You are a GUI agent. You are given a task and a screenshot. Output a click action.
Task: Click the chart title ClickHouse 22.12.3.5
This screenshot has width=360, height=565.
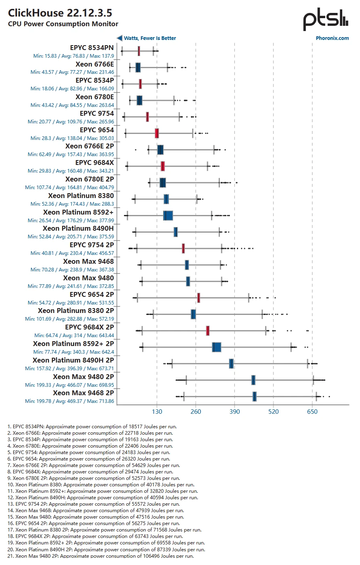(x=60, y=13)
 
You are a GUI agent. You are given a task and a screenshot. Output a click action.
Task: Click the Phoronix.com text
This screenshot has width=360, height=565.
(x=332, y=38)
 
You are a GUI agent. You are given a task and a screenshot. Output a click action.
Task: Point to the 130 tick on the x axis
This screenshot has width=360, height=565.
(x=157, y=412)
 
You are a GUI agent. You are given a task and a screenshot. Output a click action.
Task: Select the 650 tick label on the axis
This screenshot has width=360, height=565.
(x=312, y=412)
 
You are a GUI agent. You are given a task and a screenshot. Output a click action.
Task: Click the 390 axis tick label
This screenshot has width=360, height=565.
(x=234, y=412)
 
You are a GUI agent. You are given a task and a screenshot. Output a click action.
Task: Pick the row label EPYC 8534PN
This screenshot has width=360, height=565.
(x=92, y=48)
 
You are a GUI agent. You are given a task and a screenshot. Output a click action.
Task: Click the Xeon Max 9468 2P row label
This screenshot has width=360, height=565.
(x=84, y=393)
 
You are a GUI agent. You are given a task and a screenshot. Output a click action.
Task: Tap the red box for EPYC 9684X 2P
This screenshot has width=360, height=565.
(x=208, y=331)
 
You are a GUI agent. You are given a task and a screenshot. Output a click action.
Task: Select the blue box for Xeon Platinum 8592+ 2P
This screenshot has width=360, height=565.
(x=217, y=347)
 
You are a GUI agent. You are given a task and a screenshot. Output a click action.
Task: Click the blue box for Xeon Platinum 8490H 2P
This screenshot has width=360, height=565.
(x=231, y=364)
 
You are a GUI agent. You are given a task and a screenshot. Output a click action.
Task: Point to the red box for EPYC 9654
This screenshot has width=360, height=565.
(x=157, y=133)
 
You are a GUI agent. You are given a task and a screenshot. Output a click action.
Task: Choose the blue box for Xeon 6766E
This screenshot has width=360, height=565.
(x=138, y=67)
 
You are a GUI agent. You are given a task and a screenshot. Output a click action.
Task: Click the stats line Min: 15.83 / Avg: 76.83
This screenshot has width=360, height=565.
(x=73, y=56)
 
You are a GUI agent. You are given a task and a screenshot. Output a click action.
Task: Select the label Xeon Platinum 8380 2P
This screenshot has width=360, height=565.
(x=76, y=311)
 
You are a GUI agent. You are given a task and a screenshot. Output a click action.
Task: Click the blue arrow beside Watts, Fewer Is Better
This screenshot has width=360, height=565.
(x=119, y=38)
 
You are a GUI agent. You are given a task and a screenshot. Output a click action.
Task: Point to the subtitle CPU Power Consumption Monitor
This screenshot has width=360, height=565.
(x=63, y=24)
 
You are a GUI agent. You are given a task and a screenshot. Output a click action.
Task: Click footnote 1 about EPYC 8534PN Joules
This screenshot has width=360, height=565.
(x=92, y=426)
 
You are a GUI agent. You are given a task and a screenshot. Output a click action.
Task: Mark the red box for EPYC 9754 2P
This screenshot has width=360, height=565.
(x=183, y=248)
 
